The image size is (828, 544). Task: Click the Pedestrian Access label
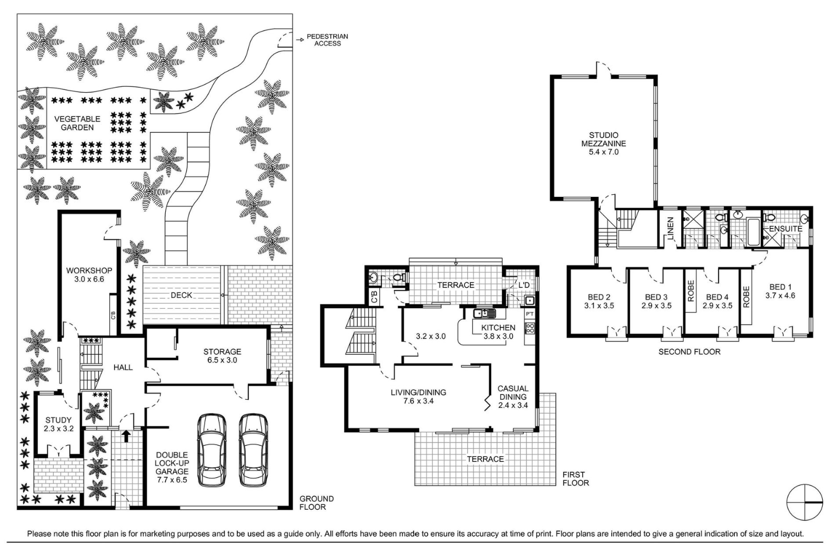coord(327,40)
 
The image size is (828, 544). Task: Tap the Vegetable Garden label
coord(77,123)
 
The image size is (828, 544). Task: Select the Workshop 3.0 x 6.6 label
coord(89,275)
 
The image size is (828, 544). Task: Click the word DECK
coord(181,295)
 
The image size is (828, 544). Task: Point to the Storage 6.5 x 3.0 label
coord(222,356)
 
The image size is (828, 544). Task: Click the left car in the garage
coord(211,450)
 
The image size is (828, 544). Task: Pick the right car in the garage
coord(254,450)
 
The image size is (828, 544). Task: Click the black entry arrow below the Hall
coord(126,436)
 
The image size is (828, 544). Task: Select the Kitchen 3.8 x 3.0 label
coord(498,331)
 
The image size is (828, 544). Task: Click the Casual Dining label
coord(513,397)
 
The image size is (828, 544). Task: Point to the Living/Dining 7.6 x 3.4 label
coord(418,397)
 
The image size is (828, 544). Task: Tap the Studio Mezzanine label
coord(603,144)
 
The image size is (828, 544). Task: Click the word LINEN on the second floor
coord(671,228)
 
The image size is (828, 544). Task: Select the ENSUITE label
coord(785,229)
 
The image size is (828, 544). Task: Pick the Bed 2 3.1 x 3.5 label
coord(599,301)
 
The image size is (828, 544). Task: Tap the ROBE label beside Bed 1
coord(746,297)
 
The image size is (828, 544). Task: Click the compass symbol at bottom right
coord(804,502)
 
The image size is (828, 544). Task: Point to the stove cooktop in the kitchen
coord(529,328)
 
